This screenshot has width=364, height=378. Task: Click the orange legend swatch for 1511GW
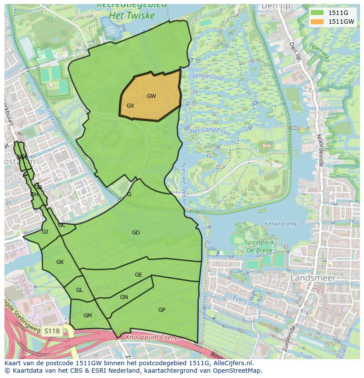pyautogui.click(x=316, y=22)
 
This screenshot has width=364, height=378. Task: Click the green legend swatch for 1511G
pyautogui.click(x=316, y=12)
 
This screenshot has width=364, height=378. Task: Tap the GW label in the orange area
pyautogui.click(x=151, y=96)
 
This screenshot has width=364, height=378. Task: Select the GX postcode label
pyautogui.click(x=130, y=106)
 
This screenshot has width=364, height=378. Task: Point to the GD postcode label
pyautogui.click(x=136, y=233)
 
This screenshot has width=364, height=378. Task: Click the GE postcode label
pyautogui.click(x=138, y=275)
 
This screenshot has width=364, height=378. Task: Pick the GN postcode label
pyautogui.click(x=124, y=297)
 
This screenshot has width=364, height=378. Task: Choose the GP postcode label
pyautogui.click(x=162, y=310)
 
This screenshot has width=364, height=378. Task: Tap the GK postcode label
pyautogui.click(x=60, y=262)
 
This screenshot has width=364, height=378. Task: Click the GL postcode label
pyautogui.click(x=79, y=290)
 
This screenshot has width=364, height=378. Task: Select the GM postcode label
pyautogui.click(x=87, y=316)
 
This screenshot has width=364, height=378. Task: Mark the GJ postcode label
pyautogui.click(x=45, y=232)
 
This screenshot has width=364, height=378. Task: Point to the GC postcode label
pyautogui.click(x=62, y=225)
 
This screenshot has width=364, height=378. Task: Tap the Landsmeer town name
pyautogui.click(x=313, y=278)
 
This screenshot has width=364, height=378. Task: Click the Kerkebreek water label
pyautogui.click(x=280, y=223)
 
